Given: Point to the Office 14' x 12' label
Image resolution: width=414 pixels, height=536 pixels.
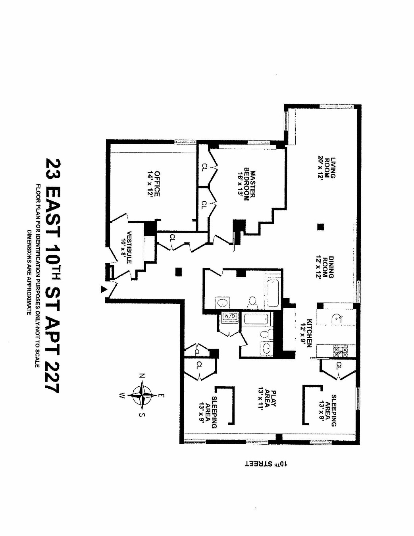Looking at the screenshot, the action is [x=154, y=183].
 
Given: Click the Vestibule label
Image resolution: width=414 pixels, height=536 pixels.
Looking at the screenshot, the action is [x=129, y=247].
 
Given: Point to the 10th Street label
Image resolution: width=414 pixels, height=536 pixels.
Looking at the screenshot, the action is [x=266, y=463].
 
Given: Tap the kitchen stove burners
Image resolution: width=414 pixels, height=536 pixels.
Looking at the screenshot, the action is [x=339, y=351].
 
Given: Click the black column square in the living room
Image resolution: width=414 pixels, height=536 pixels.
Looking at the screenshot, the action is [x=321, y=227].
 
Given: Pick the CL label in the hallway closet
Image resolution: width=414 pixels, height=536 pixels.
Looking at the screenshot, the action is [x=172, y=238].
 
